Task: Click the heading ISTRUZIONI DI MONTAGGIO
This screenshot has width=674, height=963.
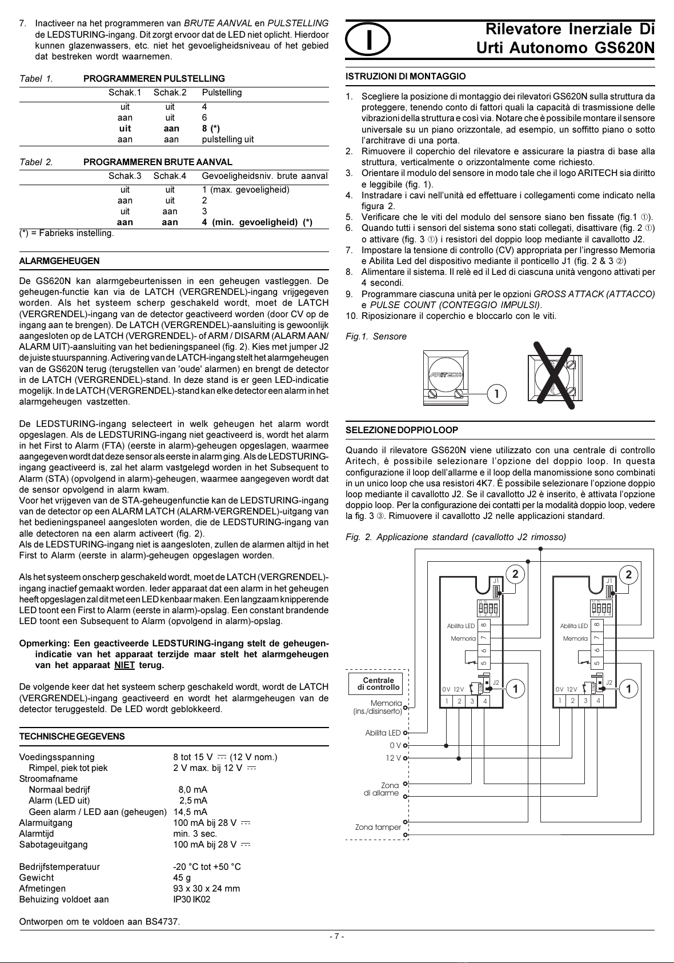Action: click(406, 77)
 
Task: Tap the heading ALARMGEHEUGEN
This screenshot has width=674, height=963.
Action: click(59, 261)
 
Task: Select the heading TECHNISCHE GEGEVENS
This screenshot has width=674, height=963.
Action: click(72, 737)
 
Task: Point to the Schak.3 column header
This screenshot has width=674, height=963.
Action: click(125, 176)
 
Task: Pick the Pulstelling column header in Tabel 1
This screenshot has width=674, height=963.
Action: click(222, 93)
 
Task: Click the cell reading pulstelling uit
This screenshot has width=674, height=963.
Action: click(228, 139)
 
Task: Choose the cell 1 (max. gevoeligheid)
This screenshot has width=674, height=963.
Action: click(246, 190)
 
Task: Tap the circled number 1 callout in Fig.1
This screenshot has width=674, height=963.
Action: click(496, 393)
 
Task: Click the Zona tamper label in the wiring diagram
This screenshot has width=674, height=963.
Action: click(378, 827)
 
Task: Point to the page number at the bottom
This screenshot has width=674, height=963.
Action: click(336, 936)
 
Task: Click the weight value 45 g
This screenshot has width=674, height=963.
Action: click(182, 878)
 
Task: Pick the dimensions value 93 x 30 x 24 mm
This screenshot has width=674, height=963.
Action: click(207, 889)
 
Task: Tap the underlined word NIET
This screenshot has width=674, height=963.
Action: click(125, 665)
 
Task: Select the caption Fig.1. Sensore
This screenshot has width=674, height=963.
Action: click(376, 337)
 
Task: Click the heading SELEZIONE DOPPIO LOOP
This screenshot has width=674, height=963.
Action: click(402, 430)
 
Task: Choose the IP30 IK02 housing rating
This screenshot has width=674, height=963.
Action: click(192, 900)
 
